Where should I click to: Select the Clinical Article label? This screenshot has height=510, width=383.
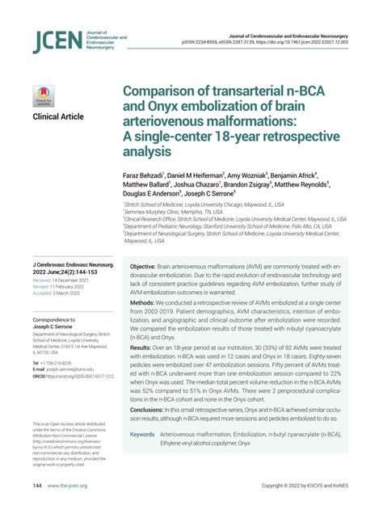click(57, 117)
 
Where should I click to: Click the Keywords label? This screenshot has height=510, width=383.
click(142, 434)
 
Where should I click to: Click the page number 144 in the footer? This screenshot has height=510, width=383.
click(37, 486)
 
